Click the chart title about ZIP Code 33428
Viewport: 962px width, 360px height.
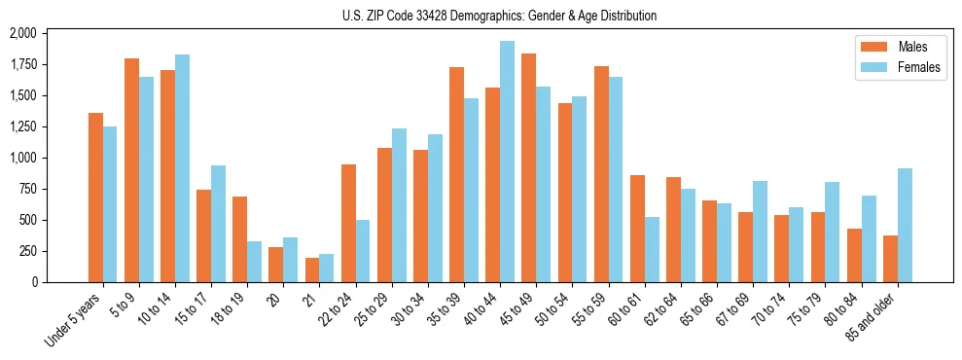pyautogui.click(x=499, y=16)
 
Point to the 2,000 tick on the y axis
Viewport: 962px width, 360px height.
pyautogui.click(x=22, y=33)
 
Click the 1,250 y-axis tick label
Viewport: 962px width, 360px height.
pyautogui.click(x=22, y=126)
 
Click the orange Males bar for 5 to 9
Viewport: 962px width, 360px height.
pyautogui.click(x=131, y=170)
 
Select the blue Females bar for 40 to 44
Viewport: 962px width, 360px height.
pyautogui.click(x=507, y=162)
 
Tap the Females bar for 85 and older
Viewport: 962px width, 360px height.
pyautogui.click(x=905, y=225)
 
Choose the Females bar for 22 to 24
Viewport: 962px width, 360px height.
pyautogui.click(x=363, y=251)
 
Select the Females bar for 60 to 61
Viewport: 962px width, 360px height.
pyautogui.click(x=652, y=249)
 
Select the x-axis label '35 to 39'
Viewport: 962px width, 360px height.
pyautogui.click(x=446, y=307)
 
